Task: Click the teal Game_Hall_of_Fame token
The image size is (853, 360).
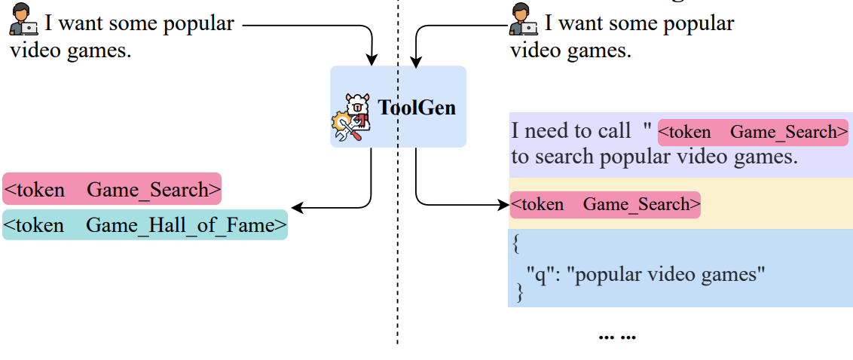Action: point(145,224)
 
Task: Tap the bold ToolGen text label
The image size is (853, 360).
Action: point(417,108)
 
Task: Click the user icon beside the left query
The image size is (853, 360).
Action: point(23,20)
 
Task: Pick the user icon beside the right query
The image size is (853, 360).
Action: point(524,20)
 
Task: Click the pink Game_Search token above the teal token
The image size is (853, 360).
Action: point(112,189)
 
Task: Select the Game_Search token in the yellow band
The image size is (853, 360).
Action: point(605,204)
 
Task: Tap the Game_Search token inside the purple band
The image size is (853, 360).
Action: point(753,133)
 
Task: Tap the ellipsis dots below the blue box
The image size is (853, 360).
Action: point(617,337)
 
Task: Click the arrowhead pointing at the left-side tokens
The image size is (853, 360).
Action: point(296,207)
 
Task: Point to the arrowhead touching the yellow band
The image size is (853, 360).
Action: point(504,204)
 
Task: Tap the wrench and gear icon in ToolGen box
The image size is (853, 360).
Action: point(347,127)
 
